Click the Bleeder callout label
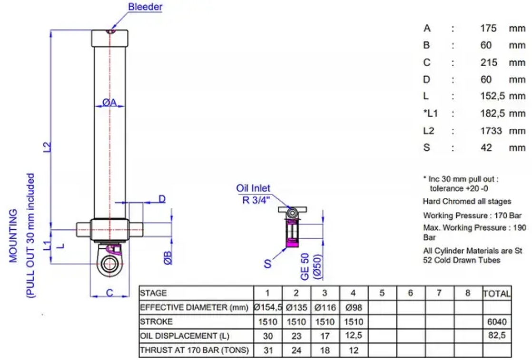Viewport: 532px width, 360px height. (x=145, y=7)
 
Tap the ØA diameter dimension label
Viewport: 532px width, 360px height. (x=109, y=102)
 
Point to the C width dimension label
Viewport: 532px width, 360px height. (x=109, y=292)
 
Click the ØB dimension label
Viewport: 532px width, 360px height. (x=168, y=258)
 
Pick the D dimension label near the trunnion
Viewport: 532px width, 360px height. (x=162, y=199)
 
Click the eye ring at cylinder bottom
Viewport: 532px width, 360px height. (x=109, y=264)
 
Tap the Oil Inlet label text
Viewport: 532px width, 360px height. (x=253, y=188)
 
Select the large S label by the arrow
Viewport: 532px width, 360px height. (x=267, y=264)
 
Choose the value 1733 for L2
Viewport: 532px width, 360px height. (x=491, y=131)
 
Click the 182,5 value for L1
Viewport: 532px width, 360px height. (x=493, y=114)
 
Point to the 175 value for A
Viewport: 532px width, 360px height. (x=488, y=28)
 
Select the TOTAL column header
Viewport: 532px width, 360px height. (x=497, y=293)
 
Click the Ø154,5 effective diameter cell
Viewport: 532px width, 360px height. (x=268, y=308)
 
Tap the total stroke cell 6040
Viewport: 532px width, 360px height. (x=497, y=321)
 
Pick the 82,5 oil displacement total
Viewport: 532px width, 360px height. (x=497, y=336)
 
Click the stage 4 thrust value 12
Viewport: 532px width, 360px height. (x=354, y=350)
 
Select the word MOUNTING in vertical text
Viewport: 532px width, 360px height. (x=13, y=235)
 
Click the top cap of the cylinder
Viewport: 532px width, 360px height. (x=109, y=39)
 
